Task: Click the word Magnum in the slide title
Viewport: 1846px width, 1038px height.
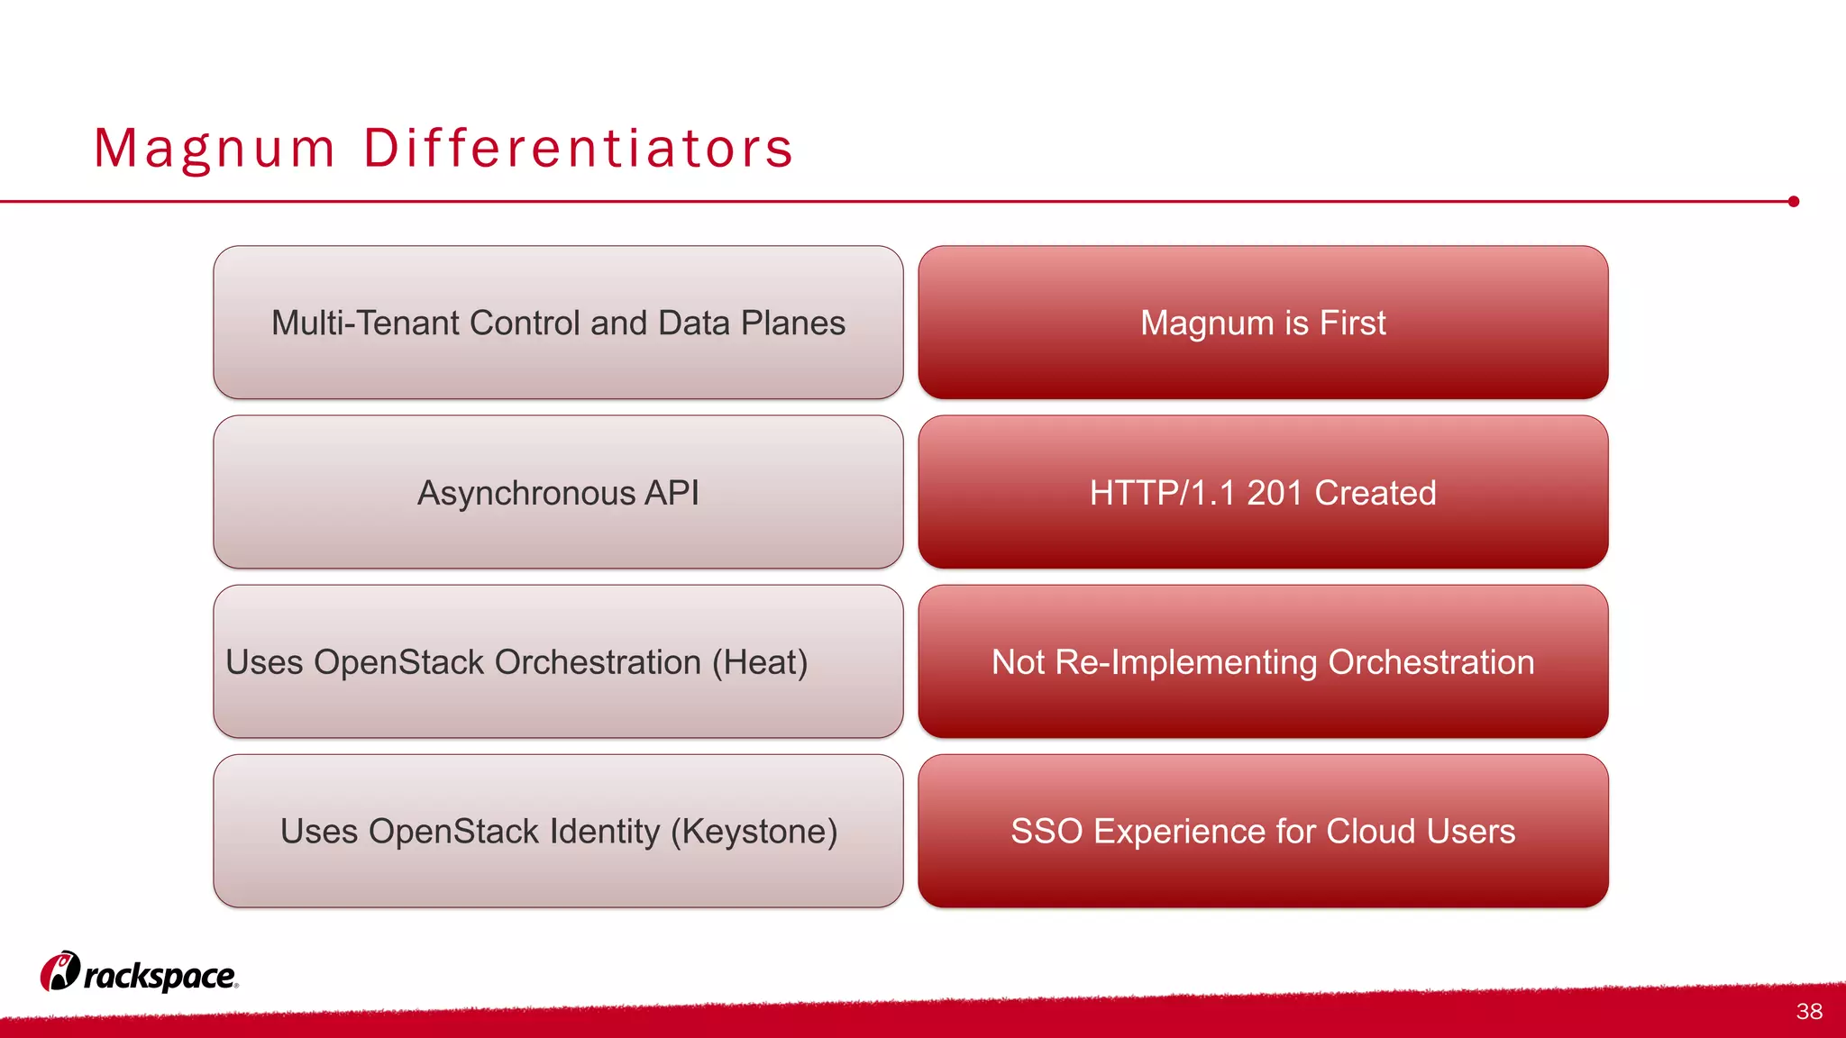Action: pyautogui.click(x=215, y=149)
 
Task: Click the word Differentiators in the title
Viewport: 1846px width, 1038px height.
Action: pyautogui.click(x=578, y=149)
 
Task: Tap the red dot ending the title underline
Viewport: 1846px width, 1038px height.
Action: pyautogui.click(x=1793, y=202)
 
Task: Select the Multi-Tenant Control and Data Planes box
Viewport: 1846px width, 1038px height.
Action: pyautogui.click(x=558, y=323)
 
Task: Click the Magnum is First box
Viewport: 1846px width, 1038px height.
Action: pyautogui.click(x=1263, y=323)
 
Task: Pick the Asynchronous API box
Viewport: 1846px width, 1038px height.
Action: pyautogui.click(x=558, y=492)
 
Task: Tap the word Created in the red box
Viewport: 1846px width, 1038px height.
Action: pyautogui.click(x=1375, y=493)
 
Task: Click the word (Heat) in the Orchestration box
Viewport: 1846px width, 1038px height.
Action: pyautogui.click(x=759, y=662)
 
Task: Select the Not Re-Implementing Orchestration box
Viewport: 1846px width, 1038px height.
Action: pyautogui.click(x=1263, y=662)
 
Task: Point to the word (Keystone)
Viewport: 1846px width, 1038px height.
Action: pyautogui.click(x=754, y=831)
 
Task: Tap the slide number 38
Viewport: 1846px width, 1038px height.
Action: pyautogui.click(x=1808, y=1011)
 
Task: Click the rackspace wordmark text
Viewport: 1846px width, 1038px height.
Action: pyautogui.click(x=160, y=976)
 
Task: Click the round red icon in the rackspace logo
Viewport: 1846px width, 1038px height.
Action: pyautogui.click(x=60, y=971)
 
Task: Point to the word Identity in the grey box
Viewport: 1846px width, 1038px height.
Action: pyautogui.click(x=605, y=831)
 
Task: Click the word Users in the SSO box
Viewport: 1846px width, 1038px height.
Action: pyautogui.click(x=1470, y=831)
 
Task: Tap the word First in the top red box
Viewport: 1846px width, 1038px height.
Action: pyautogui.click(x=1352, y=323)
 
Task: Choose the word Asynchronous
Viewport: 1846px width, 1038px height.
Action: pyautogui.click(x=526, y=493)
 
